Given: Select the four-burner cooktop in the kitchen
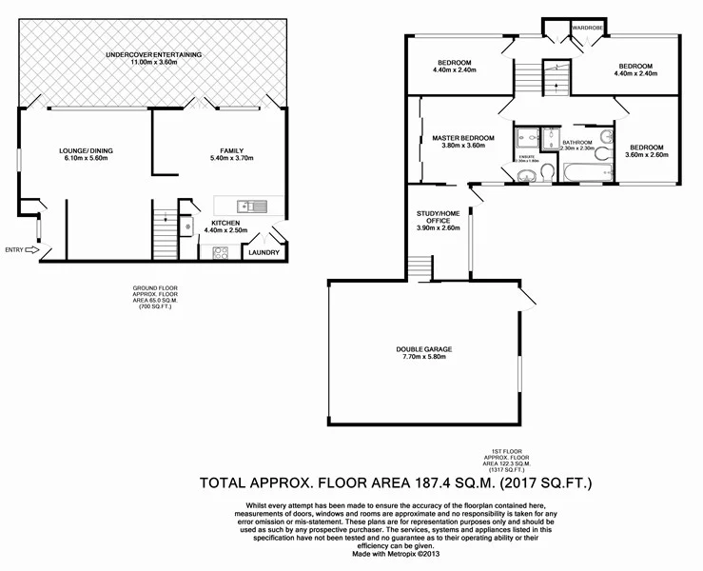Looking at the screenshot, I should (x=221, y=253).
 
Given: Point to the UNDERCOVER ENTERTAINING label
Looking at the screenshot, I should (x=153, y=55).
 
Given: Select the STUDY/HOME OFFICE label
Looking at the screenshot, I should (x=438, y=218).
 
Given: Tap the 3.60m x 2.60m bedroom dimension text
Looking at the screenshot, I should (x=645, y=155).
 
